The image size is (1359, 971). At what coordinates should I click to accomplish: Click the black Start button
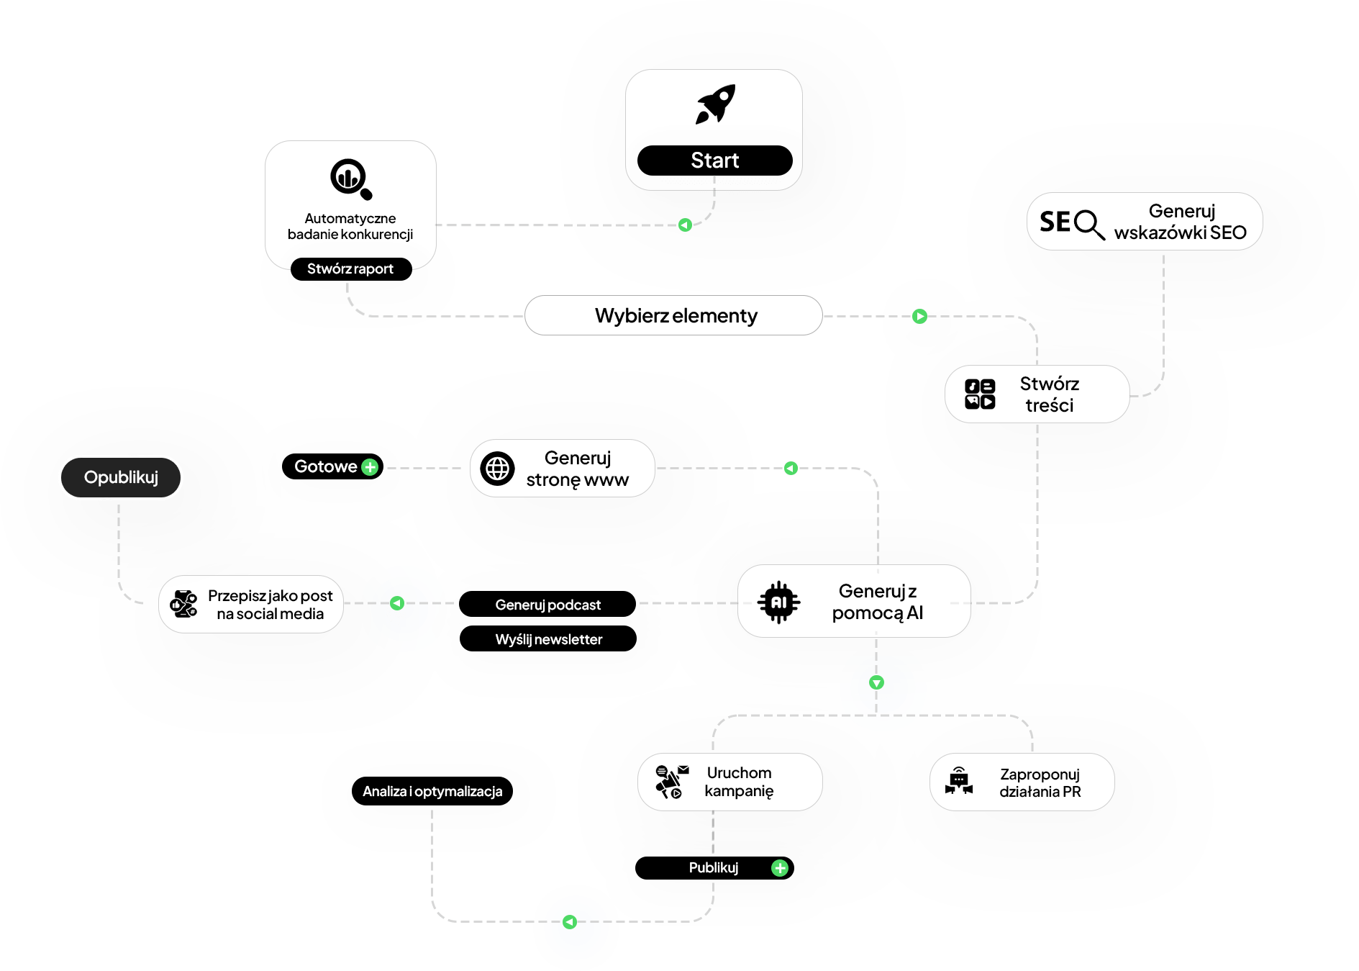(714, 161)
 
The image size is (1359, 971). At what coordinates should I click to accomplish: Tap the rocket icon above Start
(715, 104)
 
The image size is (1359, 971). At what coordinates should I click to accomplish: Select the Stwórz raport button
(350, 269)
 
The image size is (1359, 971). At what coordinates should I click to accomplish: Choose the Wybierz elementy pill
(674, 316)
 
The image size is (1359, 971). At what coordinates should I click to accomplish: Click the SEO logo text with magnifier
(1071, 223)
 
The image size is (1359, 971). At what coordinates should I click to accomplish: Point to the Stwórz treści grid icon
(980, 394)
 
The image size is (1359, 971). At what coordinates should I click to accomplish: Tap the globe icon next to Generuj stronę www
(498, 469)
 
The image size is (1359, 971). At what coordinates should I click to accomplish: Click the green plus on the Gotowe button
(370, 467)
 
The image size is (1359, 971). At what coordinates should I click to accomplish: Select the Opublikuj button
(121, 477)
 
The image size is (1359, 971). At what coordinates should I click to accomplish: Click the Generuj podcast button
(547, 605)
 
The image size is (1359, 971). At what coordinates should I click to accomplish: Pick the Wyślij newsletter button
(548, 639)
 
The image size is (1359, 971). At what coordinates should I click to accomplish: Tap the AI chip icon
(778, 602)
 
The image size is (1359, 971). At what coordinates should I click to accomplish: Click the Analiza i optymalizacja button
(432, 791)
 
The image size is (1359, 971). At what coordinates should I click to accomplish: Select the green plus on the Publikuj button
(780, 868)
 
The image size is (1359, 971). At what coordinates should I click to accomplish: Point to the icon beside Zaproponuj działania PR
(959, 782)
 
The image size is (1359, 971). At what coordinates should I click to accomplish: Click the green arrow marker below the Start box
(685, 225)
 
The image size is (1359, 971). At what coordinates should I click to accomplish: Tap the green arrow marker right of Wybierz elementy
(919, 316)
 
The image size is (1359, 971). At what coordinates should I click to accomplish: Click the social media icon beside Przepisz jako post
(183, 604)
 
